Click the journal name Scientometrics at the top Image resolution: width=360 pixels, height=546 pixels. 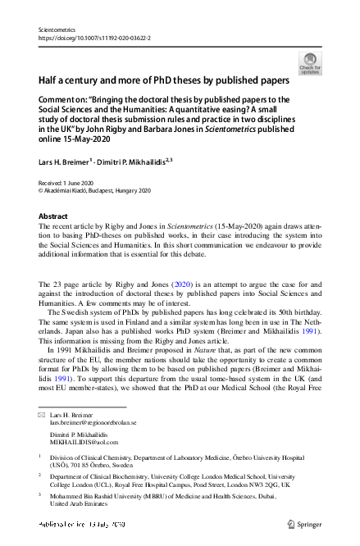pos(57,29)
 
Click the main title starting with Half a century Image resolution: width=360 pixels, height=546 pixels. pos(164,81)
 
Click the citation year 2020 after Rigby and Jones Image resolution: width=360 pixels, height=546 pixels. pos(182,283)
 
